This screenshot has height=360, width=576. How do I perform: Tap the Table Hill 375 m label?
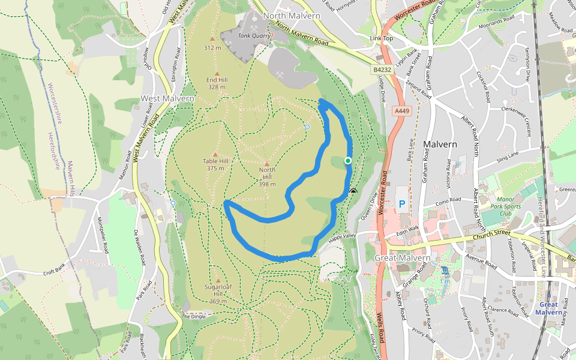coord(215,164)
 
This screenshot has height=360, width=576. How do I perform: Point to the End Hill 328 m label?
coord(216,83)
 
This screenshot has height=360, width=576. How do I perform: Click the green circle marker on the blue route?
coord(348,161)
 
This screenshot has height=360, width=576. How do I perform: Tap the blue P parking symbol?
coord(402,204)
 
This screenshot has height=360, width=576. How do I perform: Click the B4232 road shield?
coord(382,70)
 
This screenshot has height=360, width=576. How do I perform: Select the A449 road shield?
coord(401,111)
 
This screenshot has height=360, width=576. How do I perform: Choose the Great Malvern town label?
coord(403,258)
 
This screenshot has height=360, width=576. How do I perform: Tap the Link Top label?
coord(382,39)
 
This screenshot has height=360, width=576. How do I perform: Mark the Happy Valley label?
coord(343,236)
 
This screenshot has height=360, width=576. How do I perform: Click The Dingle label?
coord(193,316)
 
